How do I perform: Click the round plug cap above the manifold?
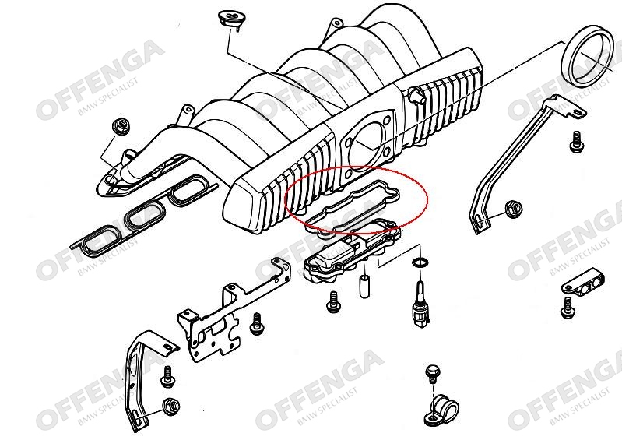pyautogui.click(x=230, y=19)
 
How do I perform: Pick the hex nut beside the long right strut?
pyautogui.click(x=513, y=209)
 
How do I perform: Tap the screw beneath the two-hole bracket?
pyautogui.click(x=568, y=308)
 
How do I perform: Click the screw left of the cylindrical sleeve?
pyautogui.click(x=334, y=301)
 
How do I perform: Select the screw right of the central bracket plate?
pyautogui.click(x=258, y=324)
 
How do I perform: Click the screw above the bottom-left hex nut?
pyautogui.click(x=168, y=376)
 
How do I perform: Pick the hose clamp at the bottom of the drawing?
pyautogui.click(x=441, y=410)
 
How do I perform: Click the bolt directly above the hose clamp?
pyautogui.click(x=433, y=374)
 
